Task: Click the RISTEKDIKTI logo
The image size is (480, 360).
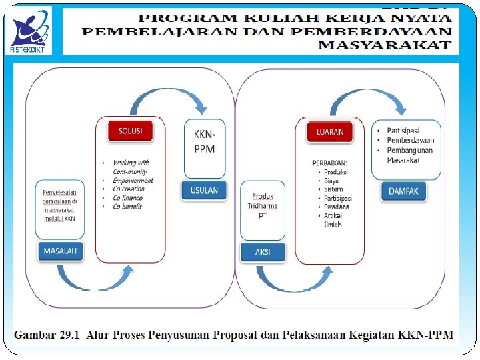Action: click(x=31, y=31)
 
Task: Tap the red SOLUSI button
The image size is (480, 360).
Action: click(x=130, y=131)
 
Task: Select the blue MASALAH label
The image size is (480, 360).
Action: click(x=61, y=251)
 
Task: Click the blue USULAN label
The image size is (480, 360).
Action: click(x=204, y=190)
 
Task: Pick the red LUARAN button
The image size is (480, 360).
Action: click(x=330, y=132)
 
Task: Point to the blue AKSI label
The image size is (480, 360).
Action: click(x=263, y=252)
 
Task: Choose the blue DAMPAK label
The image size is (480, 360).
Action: click(x=403, y=191)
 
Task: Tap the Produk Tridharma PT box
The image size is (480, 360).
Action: click(x=263, y=206)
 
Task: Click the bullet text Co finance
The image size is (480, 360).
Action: click(x=127, y=197)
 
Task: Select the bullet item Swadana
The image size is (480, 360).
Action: click(x=337, y=207)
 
